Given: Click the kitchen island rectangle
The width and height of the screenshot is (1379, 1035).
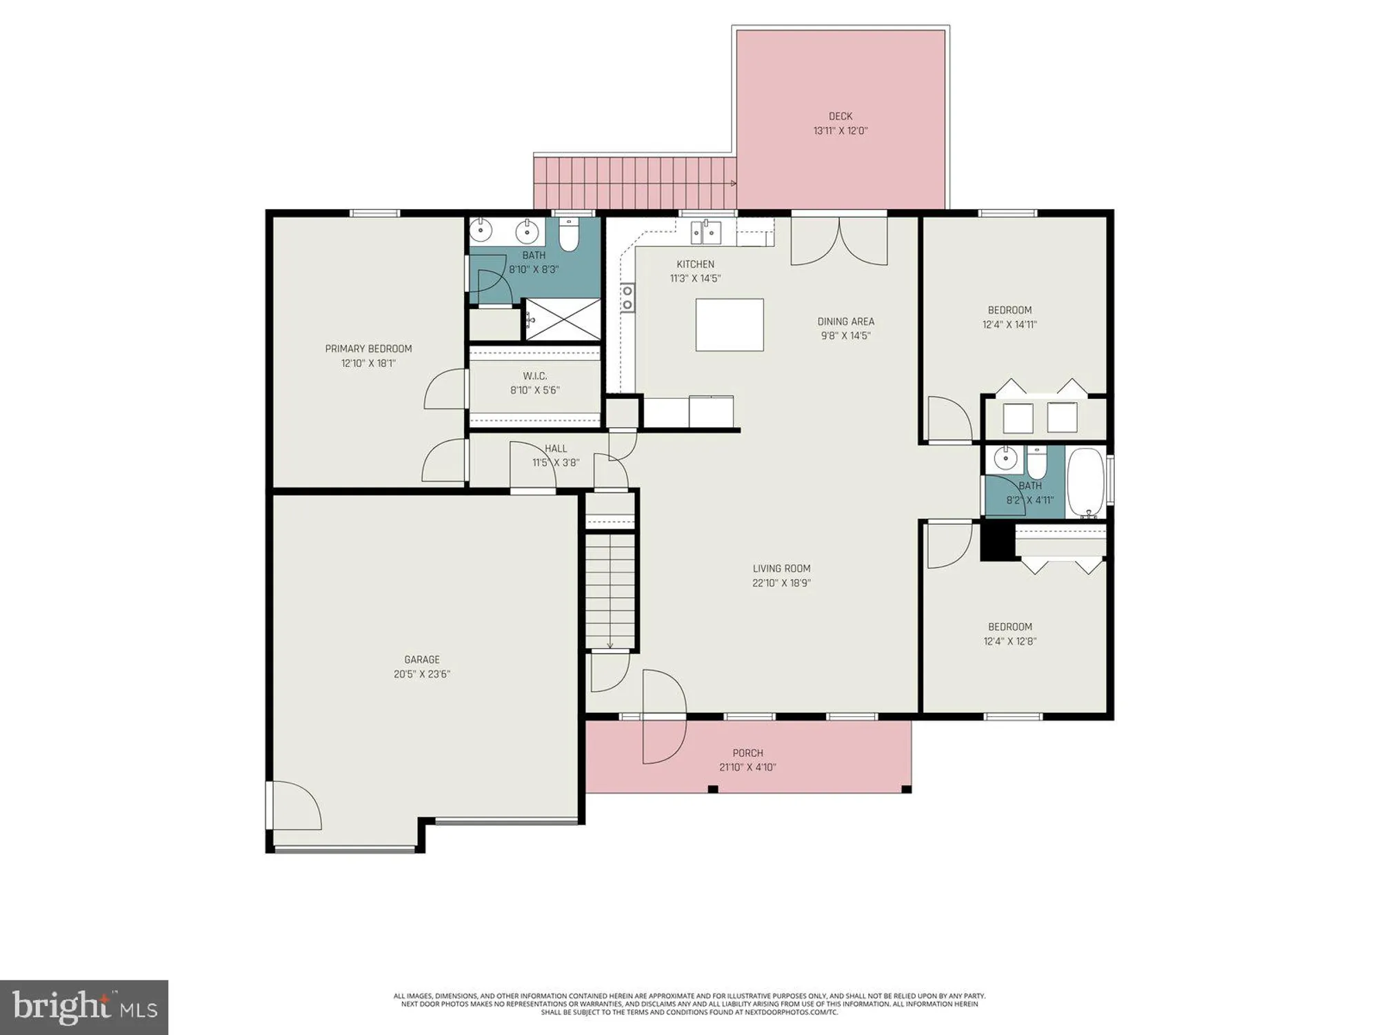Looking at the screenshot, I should [x=729, y=324].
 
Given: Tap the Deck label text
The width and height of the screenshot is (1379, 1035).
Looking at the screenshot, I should [x=841, y=117].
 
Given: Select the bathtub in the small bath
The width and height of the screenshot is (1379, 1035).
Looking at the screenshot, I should [x=1086, y=483].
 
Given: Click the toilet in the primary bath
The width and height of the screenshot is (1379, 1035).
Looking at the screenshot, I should [x=568, y=235].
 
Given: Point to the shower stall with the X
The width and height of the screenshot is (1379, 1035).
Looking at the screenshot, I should [x=563, y=319].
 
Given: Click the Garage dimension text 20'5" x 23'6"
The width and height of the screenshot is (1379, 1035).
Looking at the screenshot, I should [x=422, y=674].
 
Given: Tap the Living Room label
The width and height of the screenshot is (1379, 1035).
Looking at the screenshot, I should [x=781, y=569].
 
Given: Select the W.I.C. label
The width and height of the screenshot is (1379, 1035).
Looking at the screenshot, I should [x=534, y=376].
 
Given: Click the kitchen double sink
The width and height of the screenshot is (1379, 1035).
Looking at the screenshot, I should [x=706, y=233].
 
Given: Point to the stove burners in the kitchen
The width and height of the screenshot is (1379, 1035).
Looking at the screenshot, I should [x=627, y=297].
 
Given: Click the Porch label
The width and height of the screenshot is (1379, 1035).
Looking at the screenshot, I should [x=747, y=753].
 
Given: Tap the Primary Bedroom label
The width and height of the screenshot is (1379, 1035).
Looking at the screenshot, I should [x=368, y=348].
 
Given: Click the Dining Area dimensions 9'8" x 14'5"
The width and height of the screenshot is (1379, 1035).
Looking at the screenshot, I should [x=845, y=336].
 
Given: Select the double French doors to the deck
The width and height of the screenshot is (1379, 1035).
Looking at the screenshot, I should [x=839, y=241].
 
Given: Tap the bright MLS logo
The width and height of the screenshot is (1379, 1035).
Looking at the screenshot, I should [x=84, y=1007].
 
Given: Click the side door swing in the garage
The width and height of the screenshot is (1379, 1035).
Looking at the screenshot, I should [x=295, y=806].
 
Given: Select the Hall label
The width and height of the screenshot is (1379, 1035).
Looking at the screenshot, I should [x=556, y=448].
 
